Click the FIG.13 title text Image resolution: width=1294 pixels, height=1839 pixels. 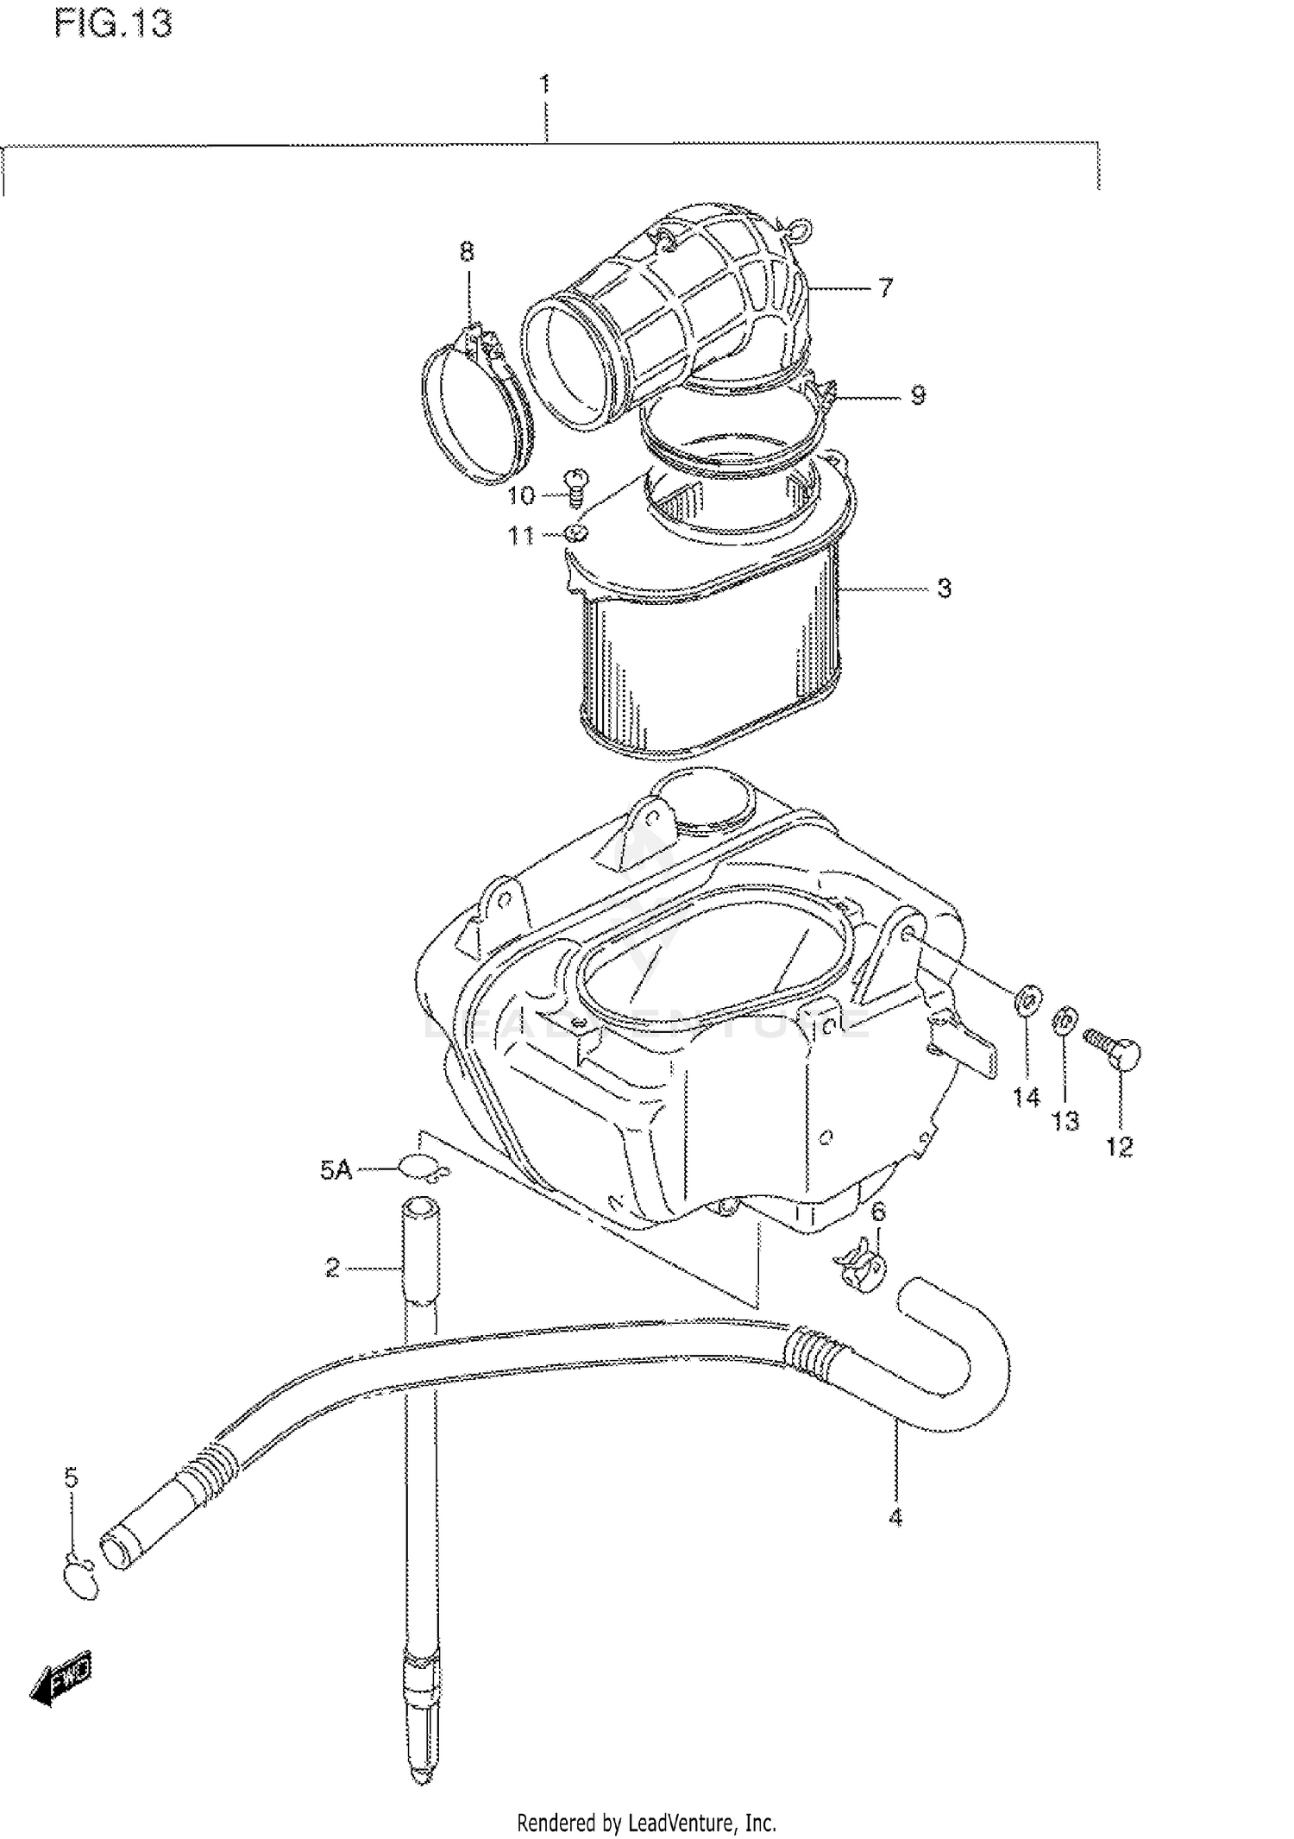pos(113,23)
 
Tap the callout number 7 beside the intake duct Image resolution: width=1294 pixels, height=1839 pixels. pos(886,287)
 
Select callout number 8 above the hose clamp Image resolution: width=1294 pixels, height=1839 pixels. pos(466,252)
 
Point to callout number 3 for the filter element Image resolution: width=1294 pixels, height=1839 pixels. pos(944,589)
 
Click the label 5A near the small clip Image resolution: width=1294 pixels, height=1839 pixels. pos(336,1170)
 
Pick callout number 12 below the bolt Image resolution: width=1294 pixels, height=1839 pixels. pos(1119,1147)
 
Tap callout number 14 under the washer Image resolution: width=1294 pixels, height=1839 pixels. pos(1026,1098)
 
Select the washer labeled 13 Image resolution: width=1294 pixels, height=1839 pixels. pos(1064,1020)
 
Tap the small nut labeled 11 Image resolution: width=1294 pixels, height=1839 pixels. pos(575,532)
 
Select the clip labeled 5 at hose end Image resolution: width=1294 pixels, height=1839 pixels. pos(81,1580)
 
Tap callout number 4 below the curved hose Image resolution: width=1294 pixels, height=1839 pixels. pos(895,1517)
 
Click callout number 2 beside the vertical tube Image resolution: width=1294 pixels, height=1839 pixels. pos(333,1268)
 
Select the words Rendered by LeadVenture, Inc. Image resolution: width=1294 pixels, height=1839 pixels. pos(646,1823)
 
